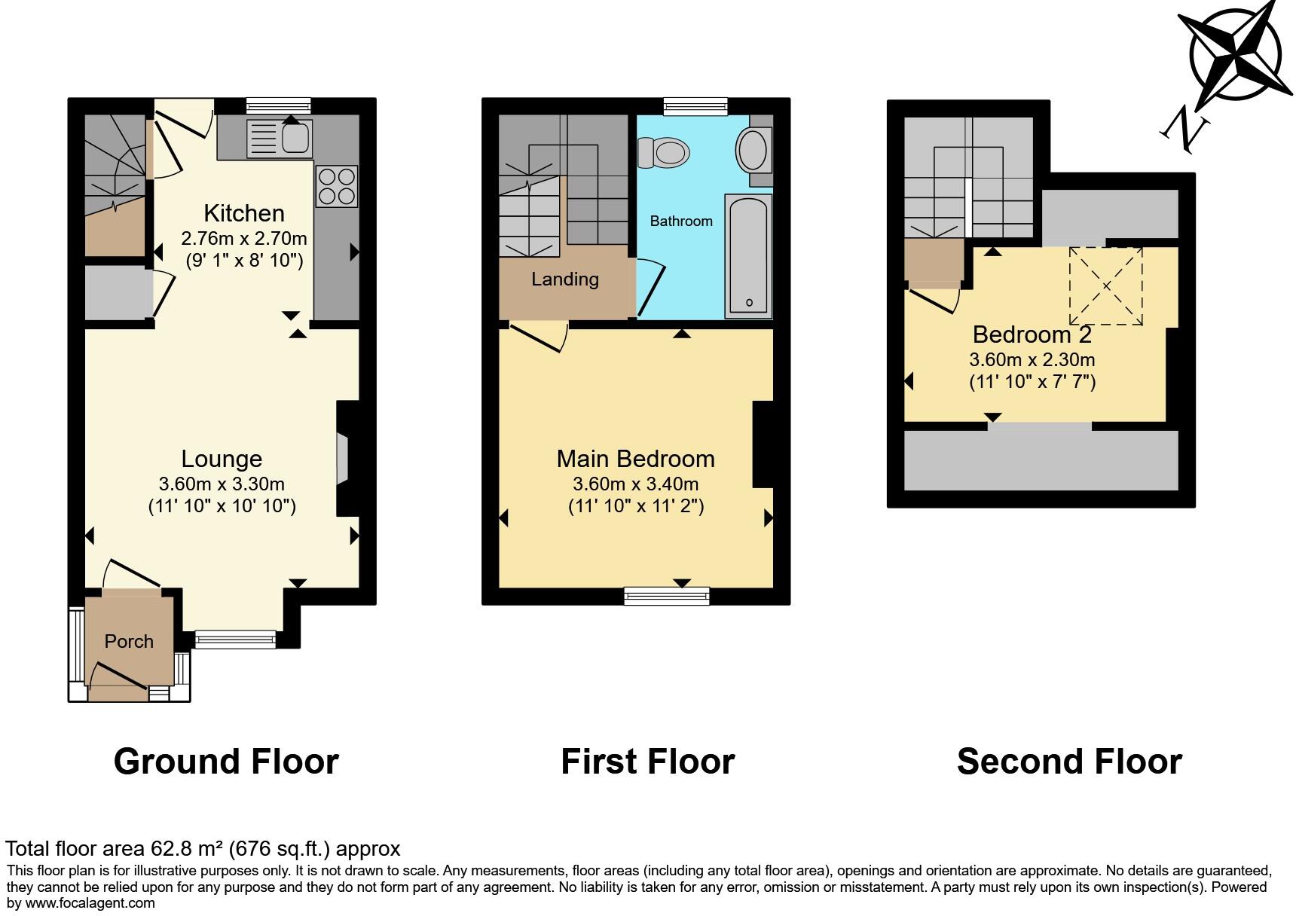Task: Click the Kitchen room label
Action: (244, 213)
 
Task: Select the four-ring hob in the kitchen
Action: (337, 186)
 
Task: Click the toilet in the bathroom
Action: (664, 152)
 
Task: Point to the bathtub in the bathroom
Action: (747, 256)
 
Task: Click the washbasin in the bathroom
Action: (753, 148)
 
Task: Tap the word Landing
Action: (565, 279)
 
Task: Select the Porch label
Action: (129, 642)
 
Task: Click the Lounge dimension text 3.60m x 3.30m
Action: (222, 484)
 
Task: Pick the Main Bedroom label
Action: (635, 459)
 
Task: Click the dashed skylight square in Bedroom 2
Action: (1106, 286)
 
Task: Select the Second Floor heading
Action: (1069, 762)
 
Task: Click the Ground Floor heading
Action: (226, 762)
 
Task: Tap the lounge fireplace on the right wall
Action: (344, 458)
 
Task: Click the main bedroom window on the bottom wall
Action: (667, 597)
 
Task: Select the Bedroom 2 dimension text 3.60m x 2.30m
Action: (1032, 360)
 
